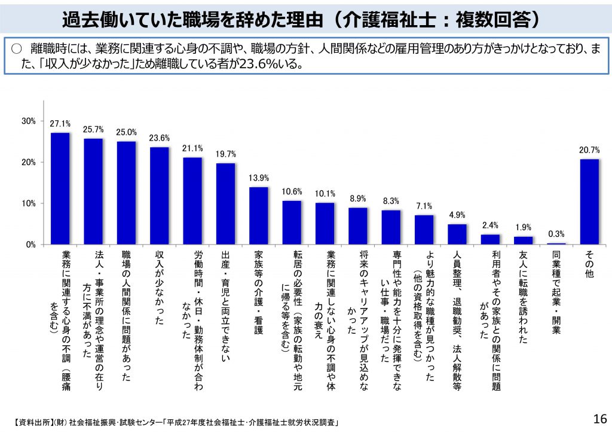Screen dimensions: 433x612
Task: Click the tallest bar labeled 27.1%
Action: [x=60, y=188]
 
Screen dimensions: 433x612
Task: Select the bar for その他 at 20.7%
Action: [x=589, y=202]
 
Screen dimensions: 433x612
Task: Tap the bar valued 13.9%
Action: [x=258, y=216]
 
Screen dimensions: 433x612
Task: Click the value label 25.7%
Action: [x=93, y=129]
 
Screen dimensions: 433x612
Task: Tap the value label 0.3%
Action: [x=556, y=234]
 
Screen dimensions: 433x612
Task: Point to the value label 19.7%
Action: [x=225, y=154]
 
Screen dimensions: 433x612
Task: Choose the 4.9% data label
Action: [x=457, y=215]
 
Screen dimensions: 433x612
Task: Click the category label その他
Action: [x=589, y=264]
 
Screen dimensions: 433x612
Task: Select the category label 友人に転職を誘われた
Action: [x=524, y=297]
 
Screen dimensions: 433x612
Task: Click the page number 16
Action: [x=599, y=418]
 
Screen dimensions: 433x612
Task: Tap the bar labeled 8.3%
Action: [x=391, y=227]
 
